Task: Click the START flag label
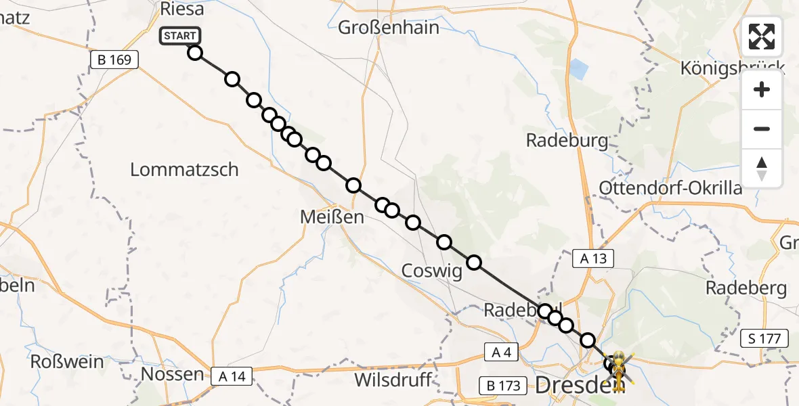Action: pyautogui.click(x=179, y=36)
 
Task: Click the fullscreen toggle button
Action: pyautogui.click(x=762, y=37)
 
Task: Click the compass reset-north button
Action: pyautogui.click(x=762, y=168)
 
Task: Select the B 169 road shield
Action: pyautogui.click(x=114, y=60)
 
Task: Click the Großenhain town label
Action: pyautogui.click(x=388, y=28)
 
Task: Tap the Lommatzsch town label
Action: pyautogui.click(x=184, y=169)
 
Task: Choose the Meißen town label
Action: pyautogui.click(x=332, y=218)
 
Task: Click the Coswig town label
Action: pyautogui.click(x=431, y=271)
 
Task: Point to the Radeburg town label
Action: pyautogui.click(x=567, y=141)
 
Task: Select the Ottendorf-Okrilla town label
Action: pyautogui.click(x=670, y=187)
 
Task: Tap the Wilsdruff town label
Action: pyautogui.click(x=393, y=380)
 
